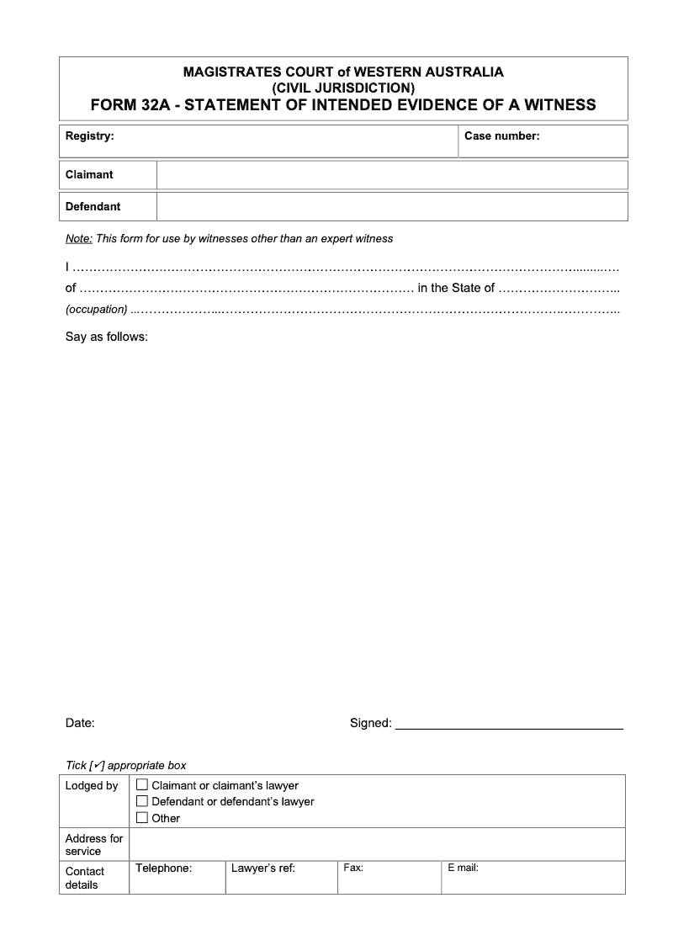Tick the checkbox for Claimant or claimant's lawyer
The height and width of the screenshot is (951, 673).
pyautogui.click(x=142, y=785)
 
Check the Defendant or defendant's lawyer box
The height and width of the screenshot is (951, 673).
pyautogui.click(x=142, y=801)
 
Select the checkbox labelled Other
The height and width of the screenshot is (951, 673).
pyautogui.click(x=142, y=817)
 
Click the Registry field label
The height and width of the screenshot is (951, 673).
pyautogui.click(x=89, y=135)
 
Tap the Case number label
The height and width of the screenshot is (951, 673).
pyautogui.click(x=501, y=135)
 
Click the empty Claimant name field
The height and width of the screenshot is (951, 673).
pyautogui.click(x=392, y=175)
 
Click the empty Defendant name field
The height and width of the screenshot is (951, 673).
pyautogui.click(x=392, y=207)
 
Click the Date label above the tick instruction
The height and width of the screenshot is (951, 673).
pyautogui.click(x=80, y=723)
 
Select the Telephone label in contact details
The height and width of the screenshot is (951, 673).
pyautogui.click(x=163, y=868)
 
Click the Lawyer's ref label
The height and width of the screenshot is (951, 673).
pyautogui.click(x=262, y=868)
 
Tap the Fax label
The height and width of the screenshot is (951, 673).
pyautogui.click(x=353, y=868)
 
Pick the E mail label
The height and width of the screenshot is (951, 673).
pyautogui.click(x=463, y=868)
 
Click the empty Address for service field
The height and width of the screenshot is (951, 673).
pyautogui.click(x=377, y=844)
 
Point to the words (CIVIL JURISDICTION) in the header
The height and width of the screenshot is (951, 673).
pyautogui.click(x=342, y=88)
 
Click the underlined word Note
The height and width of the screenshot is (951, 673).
pyautogui.click(x=78, y=239)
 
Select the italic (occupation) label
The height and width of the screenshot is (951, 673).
pyautogui.click(x=97, y=310)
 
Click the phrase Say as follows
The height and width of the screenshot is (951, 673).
pyautogui.click(x=107, y=337)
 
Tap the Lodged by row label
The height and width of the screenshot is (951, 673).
pyautogui.click(x=92, y=786)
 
